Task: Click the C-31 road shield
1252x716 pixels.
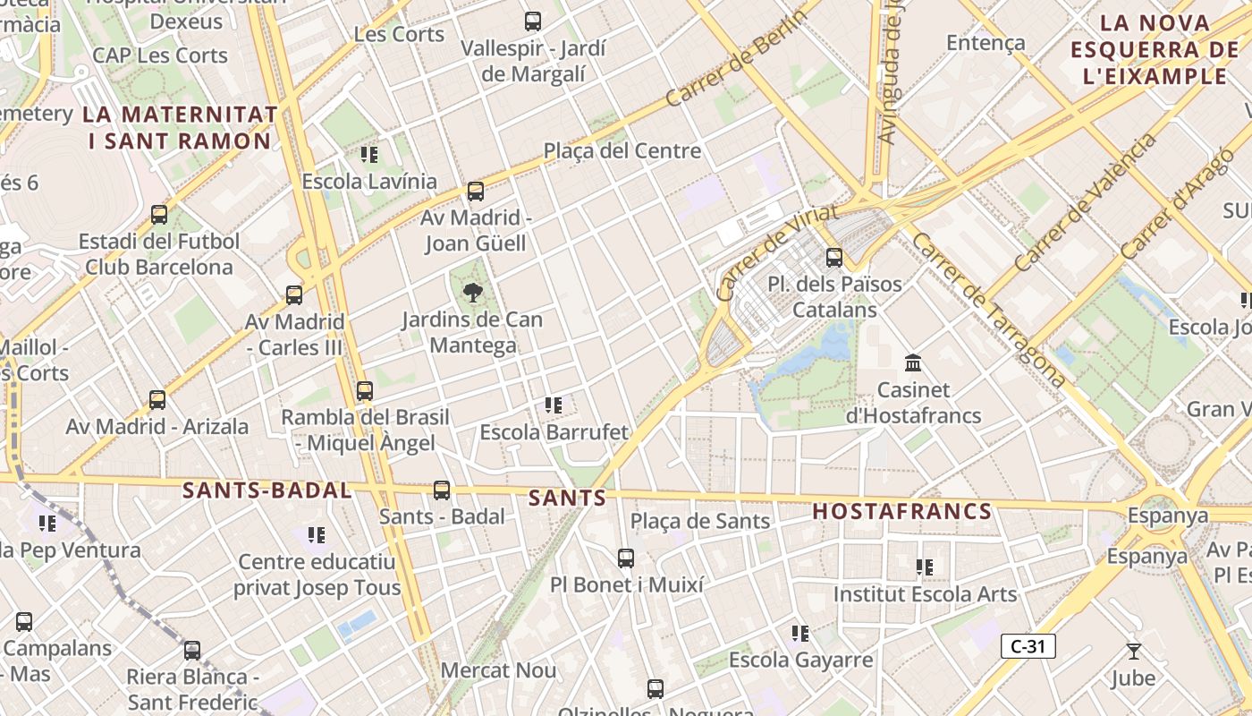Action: [1028, 646]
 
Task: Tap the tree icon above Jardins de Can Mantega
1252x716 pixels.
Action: [472, 292]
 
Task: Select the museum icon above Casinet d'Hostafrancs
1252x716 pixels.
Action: [913, 363]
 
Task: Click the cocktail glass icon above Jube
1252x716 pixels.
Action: [1134, 652]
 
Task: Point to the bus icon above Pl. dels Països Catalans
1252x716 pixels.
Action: [834, 258]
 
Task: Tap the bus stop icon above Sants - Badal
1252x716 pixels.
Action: [442, 490]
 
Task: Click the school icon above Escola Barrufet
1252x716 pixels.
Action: [554, 405]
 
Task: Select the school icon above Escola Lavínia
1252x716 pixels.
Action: [369, 155]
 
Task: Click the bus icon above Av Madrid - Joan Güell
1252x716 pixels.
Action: [476, 191]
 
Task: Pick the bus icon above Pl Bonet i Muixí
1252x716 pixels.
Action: [626, 558]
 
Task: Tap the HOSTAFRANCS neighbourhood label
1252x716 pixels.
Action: [902, 512]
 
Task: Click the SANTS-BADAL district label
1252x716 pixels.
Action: [267, 490]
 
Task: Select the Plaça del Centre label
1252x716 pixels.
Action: [622, 150]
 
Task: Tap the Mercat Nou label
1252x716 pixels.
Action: [498, 670]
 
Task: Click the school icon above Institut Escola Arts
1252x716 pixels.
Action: [925, 567]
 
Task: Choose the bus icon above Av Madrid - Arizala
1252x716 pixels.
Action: [157, 400]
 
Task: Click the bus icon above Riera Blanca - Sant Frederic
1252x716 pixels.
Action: [192, 651]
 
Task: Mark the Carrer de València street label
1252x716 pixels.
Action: [1085, 203]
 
